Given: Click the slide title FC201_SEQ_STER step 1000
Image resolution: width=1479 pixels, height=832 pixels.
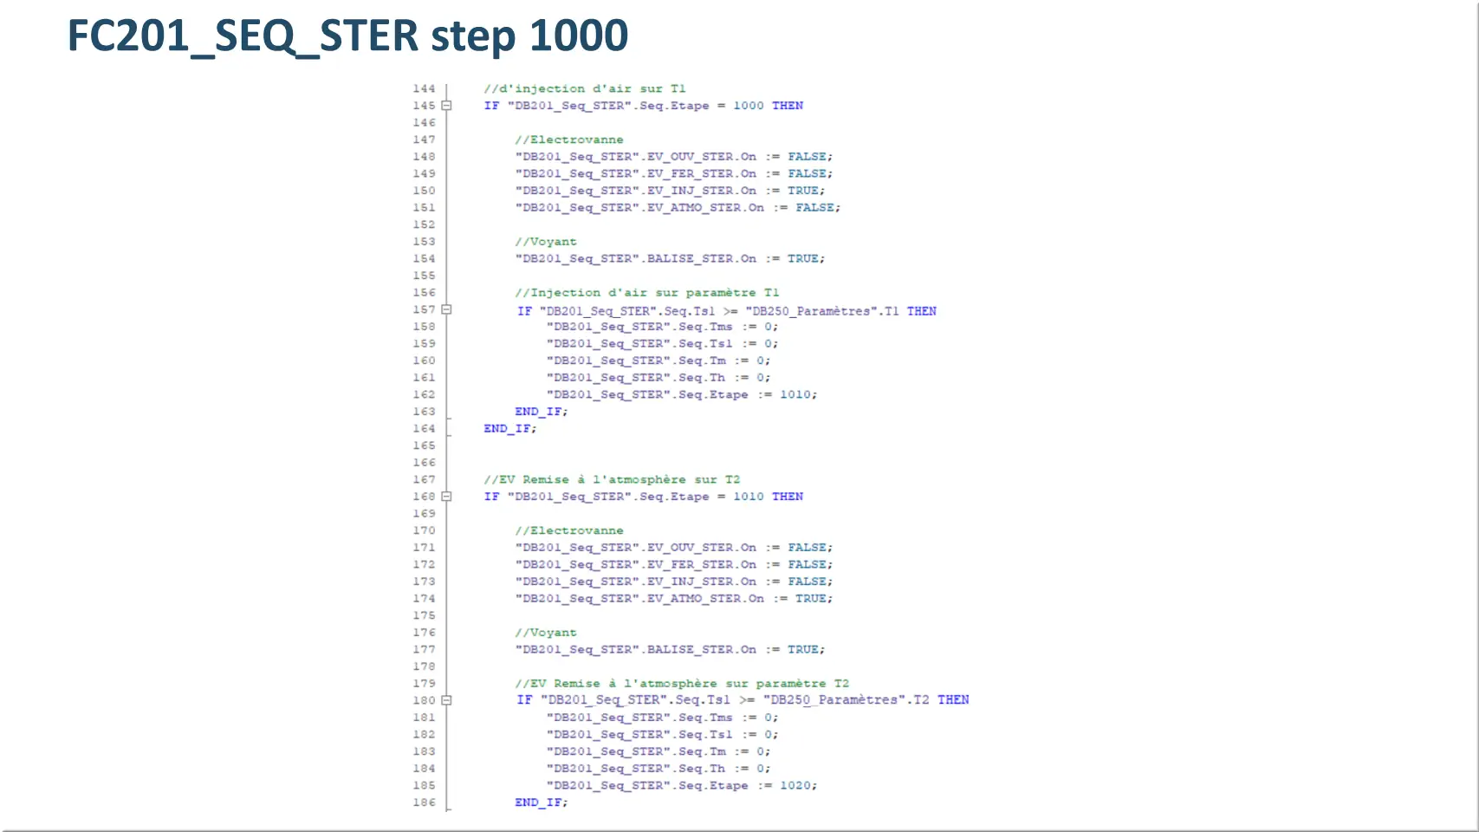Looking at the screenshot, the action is [348, 36].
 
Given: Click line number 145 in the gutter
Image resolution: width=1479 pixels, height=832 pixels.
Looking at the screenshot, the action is [424, 106].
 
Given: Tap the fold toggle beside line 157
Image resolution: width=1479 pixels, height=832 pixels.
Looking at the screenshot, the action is [447, 309].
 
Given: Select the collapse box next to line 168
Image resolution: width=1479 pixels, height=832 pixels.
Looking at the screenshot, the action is [447, 497].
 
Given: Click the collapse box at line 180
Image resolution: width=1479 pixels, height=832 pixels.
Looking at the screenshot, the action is [447, 700].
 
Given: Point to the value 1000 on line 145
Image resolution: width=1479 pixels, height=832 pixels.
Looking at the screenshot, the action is [748, 106].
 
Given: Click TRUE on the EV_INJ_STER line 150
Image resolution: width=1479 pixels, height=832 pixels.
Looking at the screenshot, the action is [803, 190].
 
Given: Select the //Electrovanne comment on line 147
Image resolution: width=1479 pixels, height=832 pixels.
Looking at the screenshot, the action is [569, 140].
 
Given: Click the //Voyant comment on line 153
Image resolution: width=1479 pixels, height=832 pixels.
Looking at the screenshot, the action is [546, 242].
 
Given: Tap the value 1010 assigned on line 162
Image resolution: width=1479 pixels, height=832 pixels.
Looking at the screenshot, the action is [795, 394].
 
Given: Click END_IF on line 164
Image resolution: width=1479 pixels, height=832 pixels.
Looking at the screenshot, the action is [507, 428].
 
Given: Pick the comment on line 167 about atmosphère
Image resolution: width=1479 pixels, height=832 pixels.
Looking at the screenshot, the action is [612, 479].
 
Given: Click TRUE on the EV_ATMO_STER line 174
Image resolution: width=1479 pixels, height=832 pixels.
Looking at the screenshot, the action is [811, 598].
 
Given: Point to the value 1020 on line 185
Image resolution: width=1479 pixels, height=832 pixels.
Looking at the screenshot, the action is [795, 785].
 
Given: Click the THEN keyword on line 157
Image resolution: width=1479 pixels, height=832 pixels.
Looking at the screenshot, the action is [922, 311].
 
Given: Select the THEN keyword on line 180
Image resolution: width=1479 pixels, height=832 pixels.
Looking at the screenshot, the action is [953, 700].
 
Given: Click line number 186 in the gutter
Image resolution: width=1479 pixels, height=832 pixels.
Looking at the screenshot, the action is [424, 803].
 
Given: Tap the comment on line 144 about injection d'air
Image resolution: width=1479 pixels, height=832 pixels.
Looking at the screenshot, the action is [585, 88].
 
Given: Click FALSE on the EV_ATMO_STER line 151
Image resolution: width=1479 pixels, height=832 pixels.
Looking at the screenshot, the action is [814, 207].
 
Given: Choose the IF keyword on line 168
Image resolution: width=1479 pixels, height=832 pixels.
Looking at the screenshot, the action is [491, 497].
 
